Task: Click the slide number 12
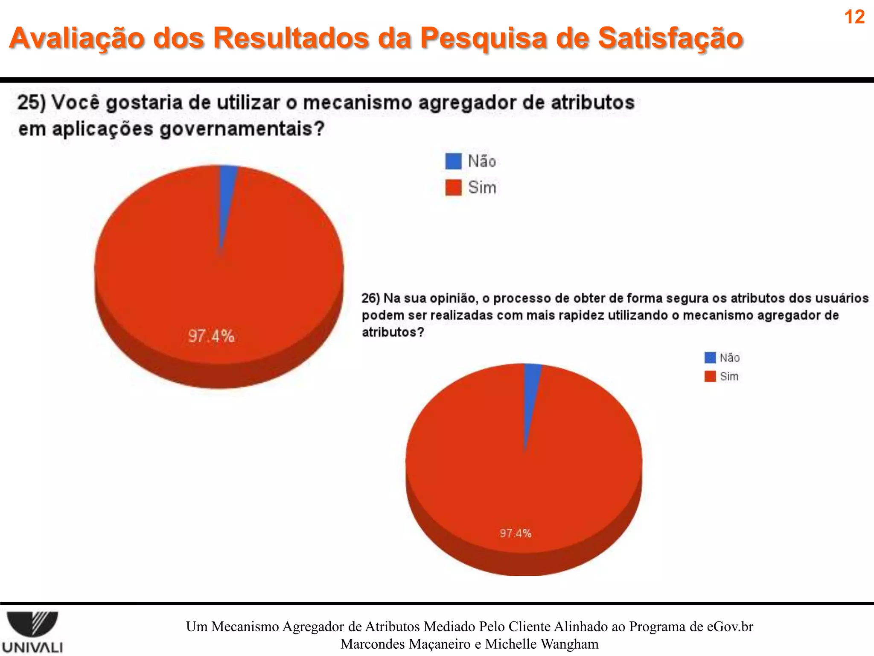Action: pyautogui.click(x=854, y=17)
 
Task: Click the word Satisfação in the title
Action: pyautogui.click(x=670, y=38)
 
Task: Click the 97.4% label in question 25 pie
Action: pyautogui.click(x=211, y=336)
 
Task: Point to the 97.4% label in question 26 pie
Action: pyautogui.click(x=516, y=533)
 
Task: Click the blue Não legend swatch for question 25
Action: pyautogui.click(x=453, y=161)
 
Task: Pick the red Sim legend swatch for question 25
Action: pyautogui.click(x=453, y=187)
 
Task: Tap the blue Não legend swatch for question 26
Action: pyautogui.click(x=710, y=357)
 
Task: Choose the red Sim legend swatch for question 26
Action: pyautogui.click(x=710, y=376)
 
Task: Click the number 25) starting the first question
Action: pyautogui.click(x=31, y=103)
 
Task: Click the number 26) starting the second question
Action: pyautogui.click(x=370, y=298)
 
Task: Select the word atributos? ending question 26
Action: pyautogui.click(x=393, y=332)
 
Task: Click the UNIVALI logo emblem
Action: pyautogui.click(x=33, y=624)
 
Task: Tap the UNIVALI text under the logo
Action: pyautogui.click(x=32, y=647)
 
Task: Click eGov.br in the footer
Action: pyautogui.click(x=730, y=627)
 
